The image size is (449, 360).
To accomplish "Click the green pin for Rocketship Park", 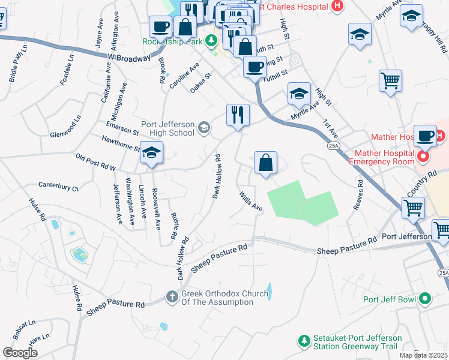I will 211,41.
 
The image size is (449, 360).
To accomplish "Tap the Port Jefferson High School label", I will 168,128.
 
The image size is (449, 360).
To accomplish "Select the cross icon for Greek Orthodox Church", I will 172,297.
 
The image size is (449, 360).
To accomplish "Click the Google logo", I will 20,353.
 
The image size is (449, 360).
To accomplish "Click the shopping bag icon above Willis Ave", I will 265,163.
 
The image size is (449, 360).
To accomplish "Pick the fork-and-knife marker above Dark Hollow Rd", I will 238,114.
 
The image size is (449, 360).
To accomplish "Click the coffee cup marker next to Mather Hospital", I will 426,135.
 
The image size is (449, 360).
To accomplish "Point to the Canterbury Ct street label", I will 58,187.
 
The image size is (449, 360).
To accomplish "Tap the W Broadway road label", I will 129,58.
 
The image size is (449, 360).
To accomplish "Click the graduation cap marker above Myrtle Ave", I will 299,93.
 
